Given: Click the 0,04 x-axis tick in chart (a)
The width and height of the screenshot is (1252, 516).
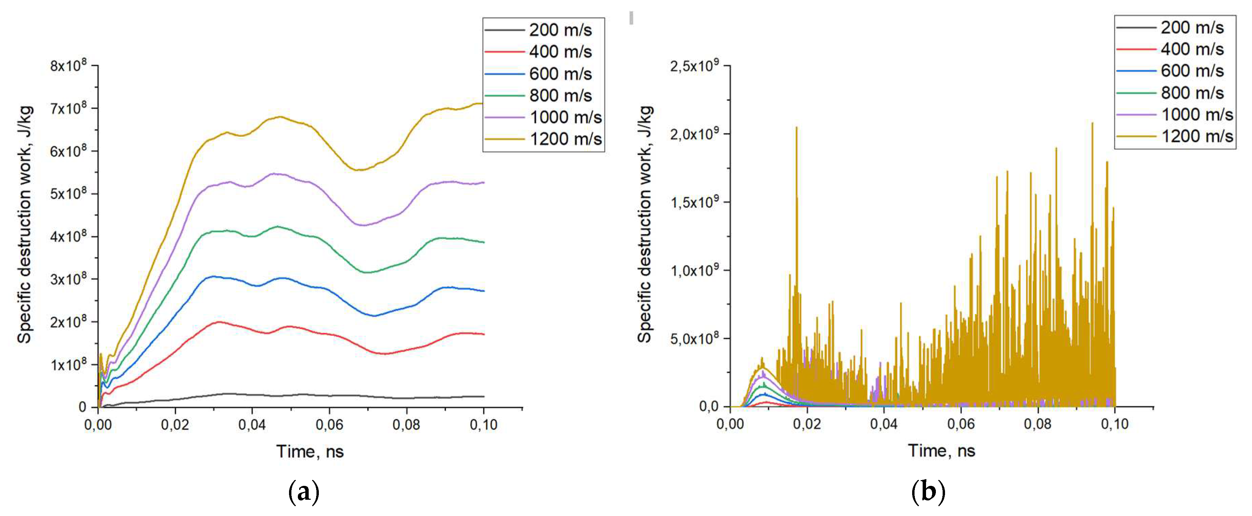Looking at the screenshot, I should coord(252,425).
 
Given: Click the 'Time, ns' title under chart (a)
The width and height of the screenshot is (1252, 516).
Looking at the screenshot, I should coord(310,451).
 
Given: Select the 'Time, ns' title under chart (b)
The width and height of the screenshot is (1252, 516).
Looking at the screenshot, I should coord(941,450).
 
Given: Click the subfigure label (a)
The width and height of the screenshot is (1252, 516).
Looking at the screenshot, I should coord(304,492).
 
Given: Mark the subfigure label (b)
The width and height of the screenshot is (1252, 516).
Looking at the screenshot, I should coord(928,492).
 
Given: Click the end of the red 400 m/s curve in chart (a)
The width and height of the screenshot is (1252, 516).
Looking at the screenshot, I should coord(484,334).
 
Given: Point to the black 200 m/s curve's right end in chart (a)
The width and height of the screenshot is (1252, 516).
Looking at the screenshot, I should coord(484,396).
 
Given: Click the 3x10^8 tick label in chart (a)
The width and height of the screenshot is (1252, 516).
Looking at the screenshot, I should coord(68,279).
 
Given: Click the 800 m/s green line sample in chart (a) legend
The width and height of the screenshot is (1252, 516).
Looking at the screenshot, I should coord(505,96).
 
